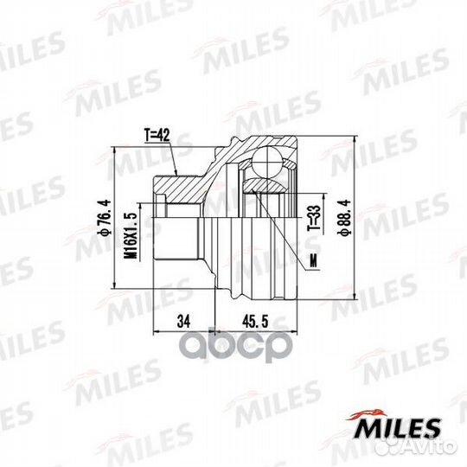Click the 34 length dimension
182,322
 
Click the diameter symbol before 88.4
346,234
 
